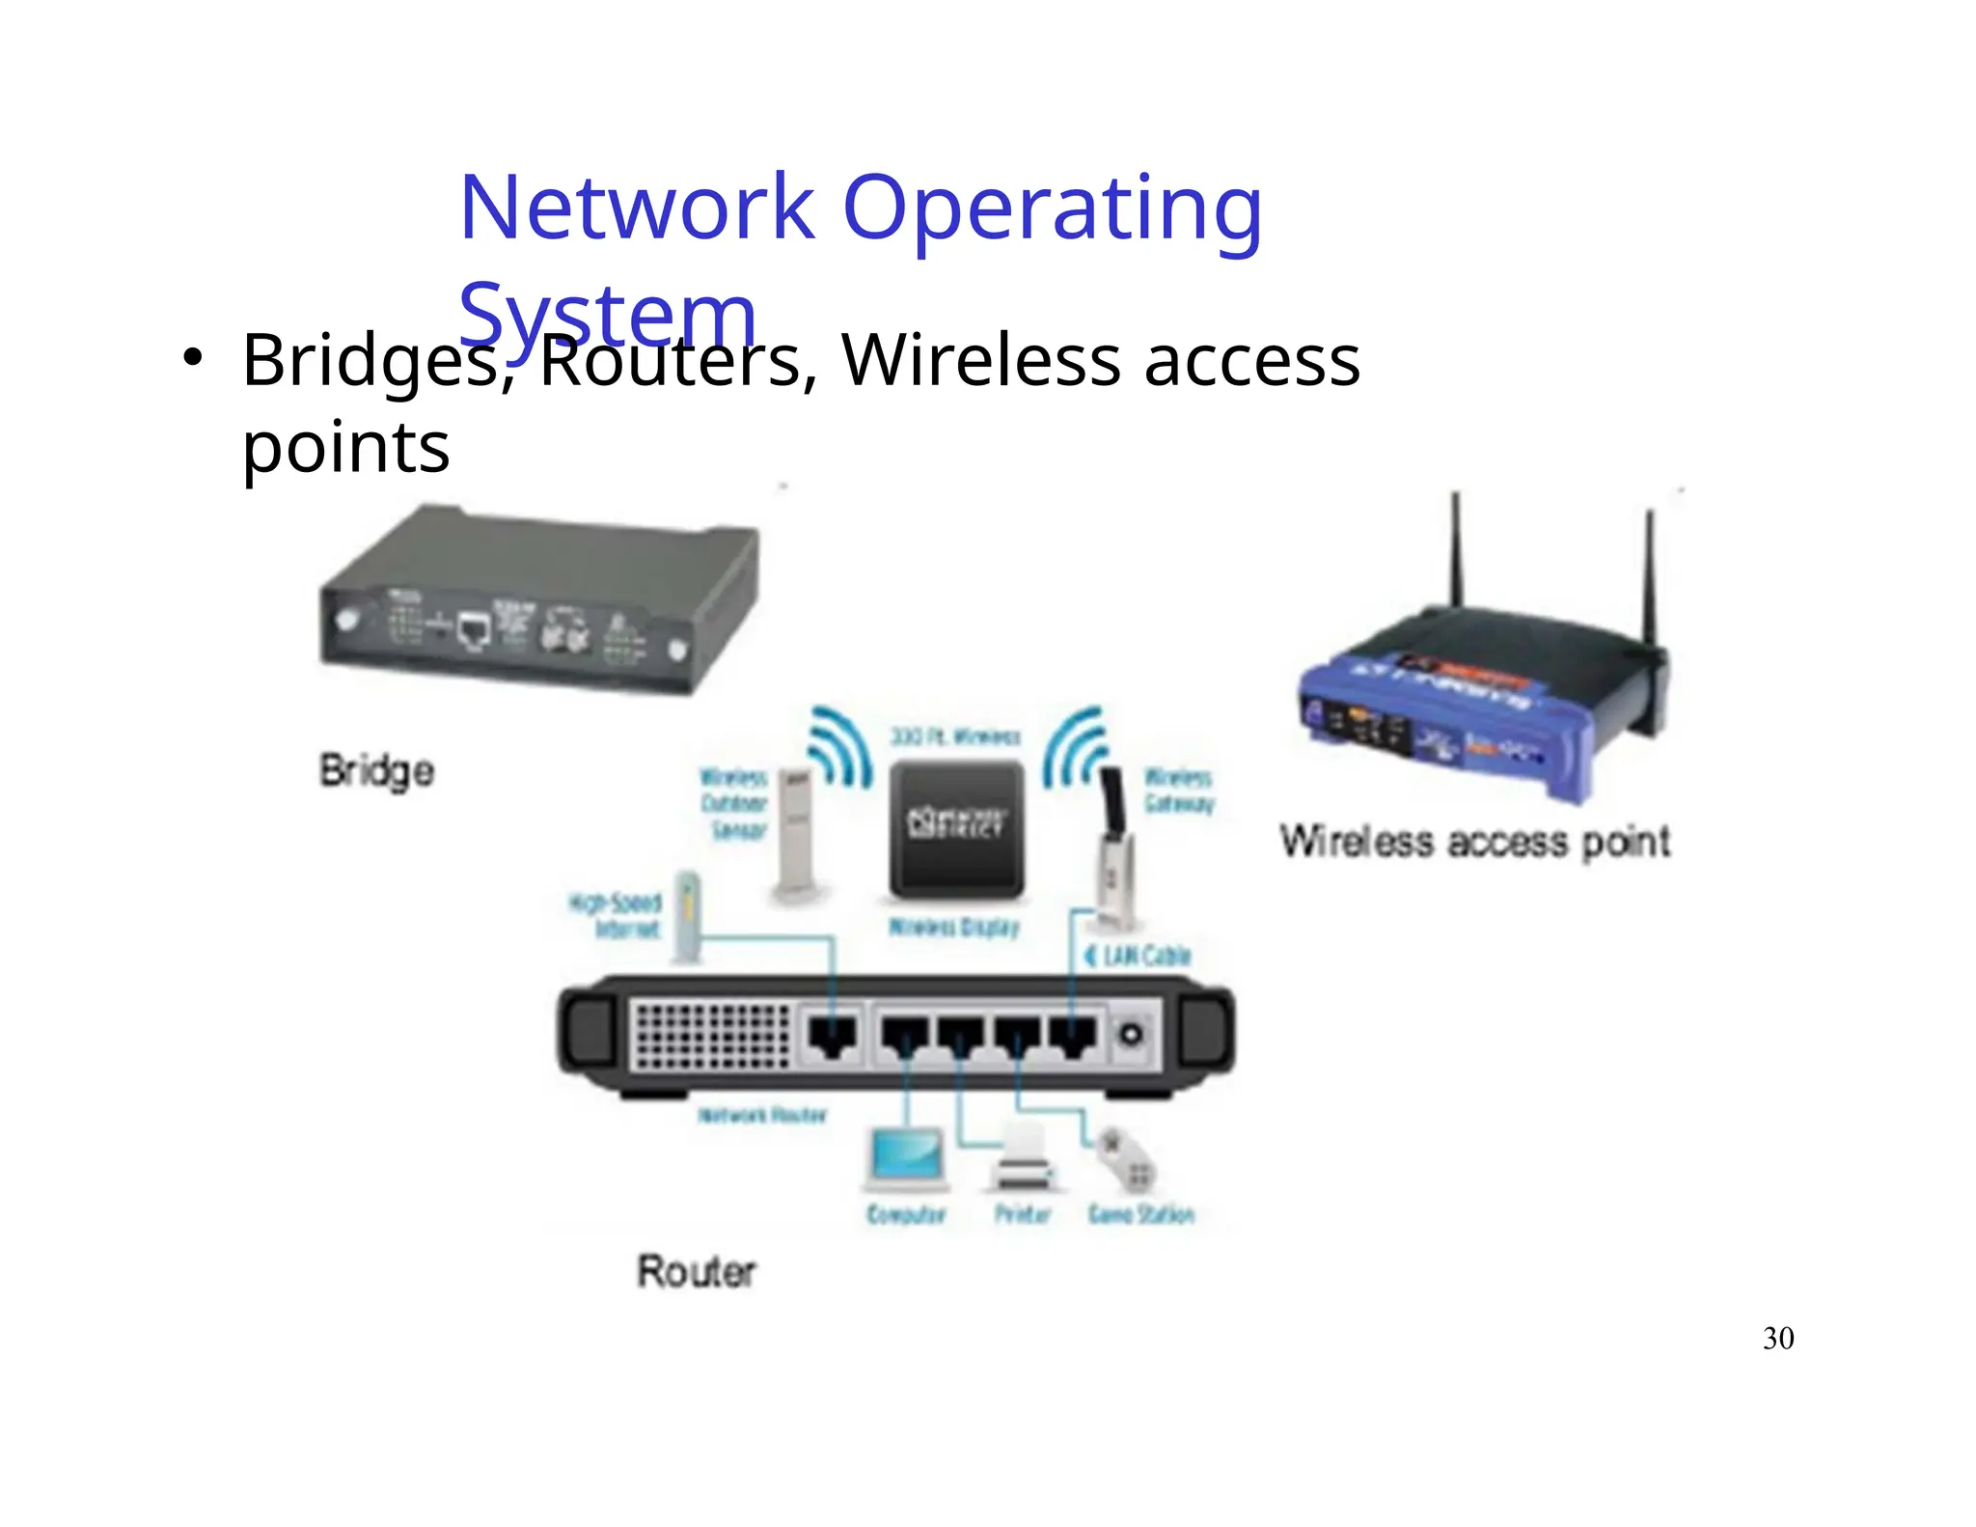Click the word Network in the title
point(637,207)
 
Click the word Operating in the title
point(1052,208)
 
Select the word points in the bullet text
point(345,447)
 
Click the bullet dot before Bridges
point(192,357)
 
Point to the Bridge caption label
point(377,771)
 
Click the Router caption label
point(696,1270)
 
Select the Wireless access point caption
point(1474,842)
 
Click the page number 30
point(1777,1338)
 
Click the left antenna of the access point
point(1456,550)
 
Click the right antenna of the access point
point(1651,579)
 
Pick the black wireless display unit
point(956,828)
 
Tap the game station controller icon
point(1127,1162)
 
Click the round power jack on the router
point(1131,1035)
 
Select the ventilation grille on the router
point(711,1035)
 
